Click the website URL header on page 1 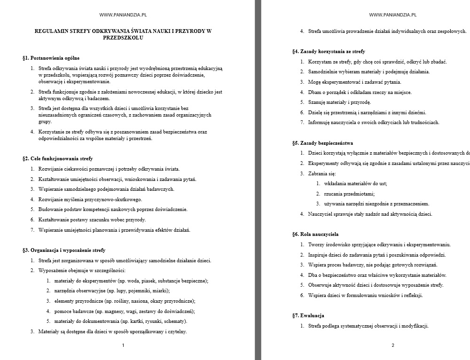[x=123, y=15]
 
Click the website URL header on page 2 [x=393, y=15]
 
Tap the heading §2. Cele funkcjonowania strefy [x=57, y=158]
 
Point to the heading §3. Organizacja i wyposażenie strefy [x=64, y=250]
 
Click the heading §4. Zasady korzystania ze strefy [x=329, y=51]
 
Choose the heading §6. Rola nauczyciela [x=315, y=234]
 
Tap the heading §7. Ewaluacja [x=308, y=315]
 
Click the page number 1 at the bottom [x=123, y=345]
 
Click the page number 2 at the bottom [x=393, y=345]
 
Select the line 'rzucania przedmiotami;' [x=349, y=194]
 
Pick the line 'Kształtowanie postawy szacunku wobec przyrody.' [x=92, y=219]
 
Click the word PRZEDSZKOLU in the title [x=123, y=38]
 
